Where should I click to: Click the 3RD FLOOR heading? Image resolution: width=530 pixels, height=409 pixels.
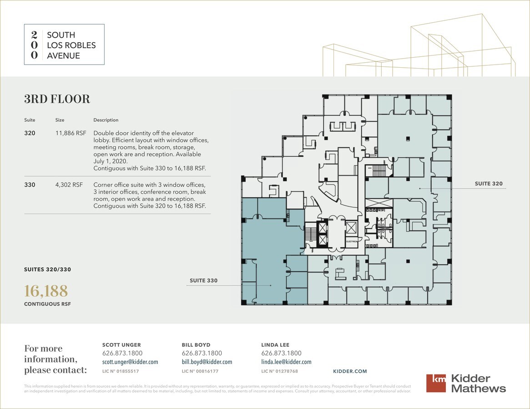pyautogui.click(x=57, y=99)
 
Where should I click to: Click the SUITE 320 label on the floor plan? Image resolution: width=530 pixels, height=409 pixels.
pyautogui.click(x=489, y=184)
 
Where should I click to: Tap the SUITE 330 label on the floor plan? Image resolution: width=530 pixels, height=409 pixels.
pyautogui.click(x=203, y=280)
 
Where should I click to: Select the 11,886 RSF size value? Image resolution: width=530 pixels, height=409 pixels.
pyautogui.click(x=71, y=133)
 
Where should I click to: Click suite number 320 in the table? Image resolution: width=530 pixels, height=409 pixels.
pyautogui.click(x=30, y=133)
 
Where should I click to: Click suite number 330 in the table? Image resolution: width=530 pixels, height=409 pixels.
pyautogui.click(x=30, y=185)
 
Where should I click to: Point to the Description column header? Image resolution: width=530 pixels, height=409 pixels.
pyautogui.click(x=106, y=120)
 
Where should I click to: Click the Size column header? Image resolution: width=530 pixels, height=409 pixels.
pyautogui.click(x=60, y=120)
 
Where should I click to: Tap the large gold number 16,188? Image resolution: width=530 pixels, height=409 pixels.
pyautogui.click(x=46, y=291)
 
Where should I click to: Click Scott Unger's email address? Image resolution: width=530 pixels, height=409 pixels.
pyautogui.click(x=130, y=362)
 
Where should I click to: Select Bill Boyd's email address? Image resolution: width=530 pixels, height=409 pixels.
pyautogui.click(x=207, y=362)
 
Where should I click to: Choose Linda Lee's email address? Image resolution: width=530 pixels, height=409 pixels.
pyautogui.click(x=286, y=362)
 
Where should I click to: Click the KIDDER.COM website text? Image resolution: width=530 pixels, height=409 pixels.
pyautogui.click(x=350, y=371)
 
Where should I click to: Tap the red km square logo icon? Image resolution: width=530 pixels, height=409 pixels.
pyautogui.click(x=436, y=383)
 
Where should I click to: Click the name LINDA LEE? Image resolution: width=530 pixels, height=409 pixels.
pyautogui.click(x=275, y=345)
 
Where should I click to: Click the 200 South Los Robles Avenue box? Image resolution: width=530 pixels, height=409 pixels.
pyautogui.click(x=64, y=45)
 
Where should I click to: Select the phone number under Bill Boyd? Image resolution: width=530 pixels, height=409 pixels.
pyautogui.click(x=202, y=353)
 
